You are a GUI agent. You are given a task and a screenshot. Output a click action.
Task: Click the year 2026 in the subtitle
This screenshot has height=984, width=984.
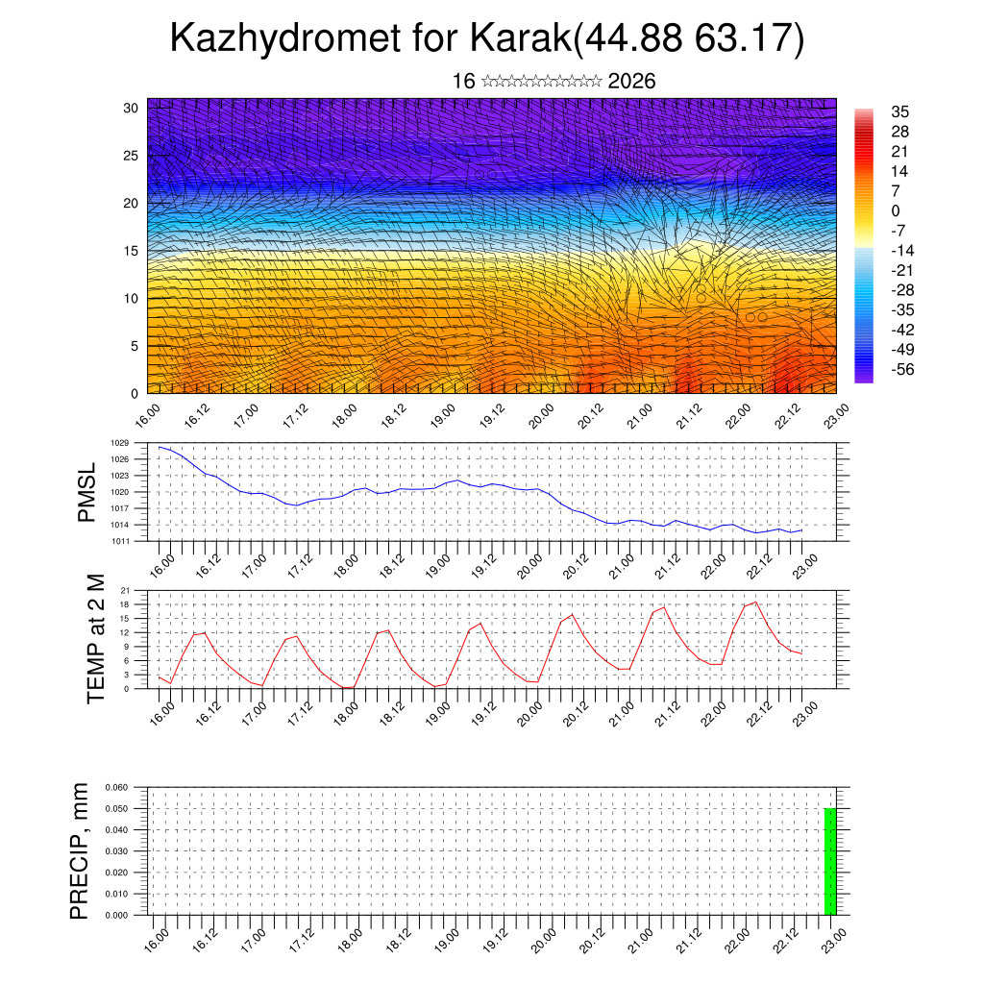[x=631, y=82]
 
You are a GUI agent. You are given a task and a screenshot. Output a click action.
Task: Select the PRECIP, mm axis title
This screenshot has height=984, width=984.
[x=79, y=850]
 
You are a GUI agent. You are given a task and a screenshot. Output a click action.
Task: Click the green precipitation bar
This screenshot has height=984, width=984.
[x=830, y=861]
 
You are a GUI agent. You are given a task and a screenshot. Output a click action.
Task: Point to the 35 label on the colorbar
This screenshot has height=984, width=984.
[x=899, y=111]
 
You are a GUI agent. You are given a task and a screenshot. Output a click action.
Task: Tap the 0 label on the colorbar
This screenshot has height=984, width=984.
[x=896, y=210]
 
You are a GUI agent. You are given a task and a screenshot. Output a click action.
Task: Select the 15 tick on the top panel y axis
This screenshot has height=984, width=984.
[x=132, y=251]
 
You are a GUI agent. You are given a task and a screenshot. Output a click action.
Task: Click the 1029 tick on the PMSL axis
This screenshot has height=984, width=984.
[x=119, y=443]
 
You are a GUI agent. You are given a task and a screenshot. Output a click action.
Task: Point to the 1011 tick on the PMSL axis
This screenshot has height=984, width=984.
[x=119, y=541]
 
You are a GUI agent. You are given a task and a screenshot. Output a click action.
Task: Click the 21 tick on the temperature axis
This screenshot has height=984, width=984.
[x=125, y=590]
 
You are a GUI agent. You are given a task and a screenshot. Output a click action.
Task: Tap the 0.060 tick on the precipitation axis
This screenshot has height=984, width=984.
[x=115, y=787]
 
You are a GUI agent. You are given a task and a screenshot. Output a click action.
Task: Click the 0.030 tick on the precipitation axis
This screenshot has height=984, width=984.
[x=115, y=851]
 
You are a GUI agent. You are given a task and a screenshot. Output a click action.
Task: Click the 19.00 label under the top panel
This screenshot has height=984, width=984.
[x=443, y=417]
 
